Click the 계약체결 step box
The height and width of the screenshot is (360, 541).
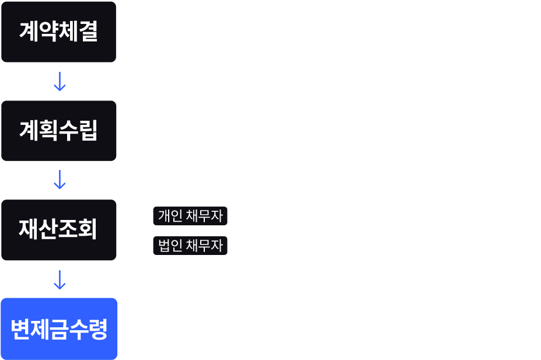(x=59, y=32)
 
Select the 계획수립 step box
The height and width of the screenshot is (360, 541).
(x=59, y=131)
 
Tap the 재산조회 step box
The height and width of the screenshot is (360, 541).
(x=59, y=230)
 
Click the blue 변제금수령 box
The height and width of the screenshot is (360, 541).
(x=59, y=328)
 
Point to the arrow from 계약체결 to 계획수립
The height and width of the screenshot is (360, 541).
(x=59, y=81)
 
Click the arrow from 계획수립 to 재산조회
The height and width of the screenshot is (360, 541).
(x=59, y=180)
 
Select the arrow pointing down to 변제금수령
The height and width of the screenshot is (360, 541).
(x=59, y=279)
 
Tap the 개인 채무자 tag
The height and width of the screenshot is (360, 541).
(x=190, y=216)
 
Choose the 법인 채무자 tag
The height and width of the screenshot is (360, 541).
(x=190, y=246)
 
